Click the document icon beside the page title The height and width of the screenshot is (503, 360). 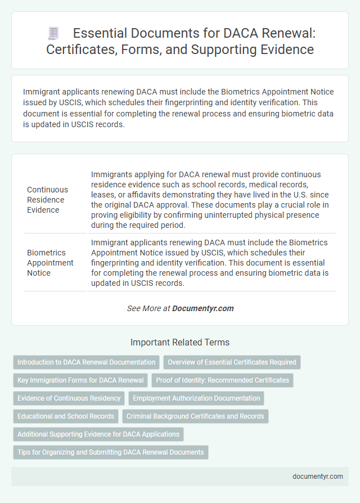click(54, 34)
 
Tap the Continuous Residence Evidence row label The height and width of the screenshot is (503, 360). click(47, 200)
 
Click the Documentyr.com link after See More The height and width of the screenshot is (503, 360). click(202, 308)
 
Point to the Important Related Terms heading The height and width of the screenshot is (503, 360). click(180, 342)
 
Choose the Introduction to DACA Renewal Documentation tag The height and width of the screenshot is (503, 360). click(87, 362)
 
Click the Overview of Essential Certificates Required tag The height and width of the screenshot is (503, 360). click(232, 362)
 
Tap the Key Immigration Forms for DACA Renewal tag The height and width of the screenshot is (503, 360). click(80, 380)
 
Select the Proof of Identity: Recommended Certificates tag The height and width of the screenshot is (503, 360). click(222, 380)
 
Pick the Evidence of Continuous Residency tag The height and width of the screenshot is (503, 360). click(69, 398)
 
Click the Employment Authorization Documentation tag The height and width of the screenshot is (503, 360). click(196, 398)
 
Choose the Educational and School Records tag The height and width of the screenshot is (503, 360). click(66, 416)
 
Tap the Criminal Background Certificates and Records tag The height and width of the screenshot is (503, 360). click(195, 416)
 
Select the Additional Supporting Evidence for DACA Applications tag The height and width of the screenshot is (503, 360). click(98, 434)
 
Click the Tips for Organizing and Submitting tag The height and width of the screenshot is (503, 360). click(111, 452)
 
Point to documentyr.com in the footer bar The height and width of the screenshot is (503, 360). click(318, 476)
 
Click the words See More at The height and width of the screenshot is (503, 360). click(148, 308)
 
